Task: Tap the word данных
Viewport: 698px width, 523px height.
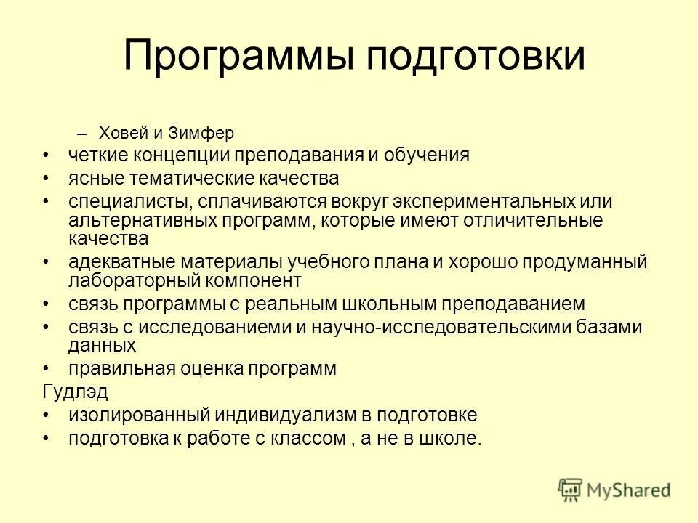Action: tap(102, 344)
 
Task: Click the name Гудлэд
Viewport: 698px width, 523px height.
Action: tap(75, 392)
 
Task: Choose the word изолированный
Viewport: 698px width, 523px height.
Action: tap(135, 415)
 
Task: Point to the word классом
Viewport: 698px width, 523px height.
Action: tap(305, 438)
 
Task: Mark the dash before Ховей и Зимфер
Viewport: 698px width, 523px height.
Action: tap(81, 134)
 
